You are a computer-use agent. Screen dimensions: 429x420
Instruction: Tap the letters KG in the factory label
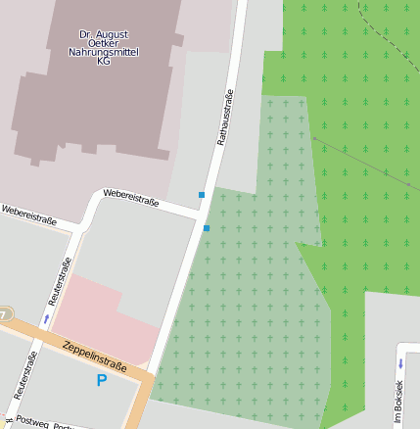click(x=104, y=61)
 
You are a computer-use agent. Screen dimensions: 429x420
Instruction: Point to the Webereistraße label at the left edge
click(x=27, y=214)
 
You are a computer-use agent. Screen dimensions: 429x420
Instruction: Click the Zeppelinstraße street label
click(x=94, y=355)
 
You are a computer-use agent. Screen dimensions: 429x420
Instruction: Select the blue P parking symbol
click(x=101, y=380)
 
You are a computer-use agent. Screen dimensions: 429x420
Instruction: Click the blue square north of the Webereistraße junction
click(x=202, y=195)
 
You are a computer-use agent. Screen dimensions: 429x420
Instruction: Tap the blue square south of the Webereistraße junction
click(x=207, y=228)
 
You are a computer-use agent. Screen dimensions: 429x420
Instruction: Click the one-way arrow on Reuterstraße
click(x=45, y=319)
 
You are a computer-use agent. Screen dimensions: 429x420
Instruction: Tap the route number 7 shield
click(x=4, y=314)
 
